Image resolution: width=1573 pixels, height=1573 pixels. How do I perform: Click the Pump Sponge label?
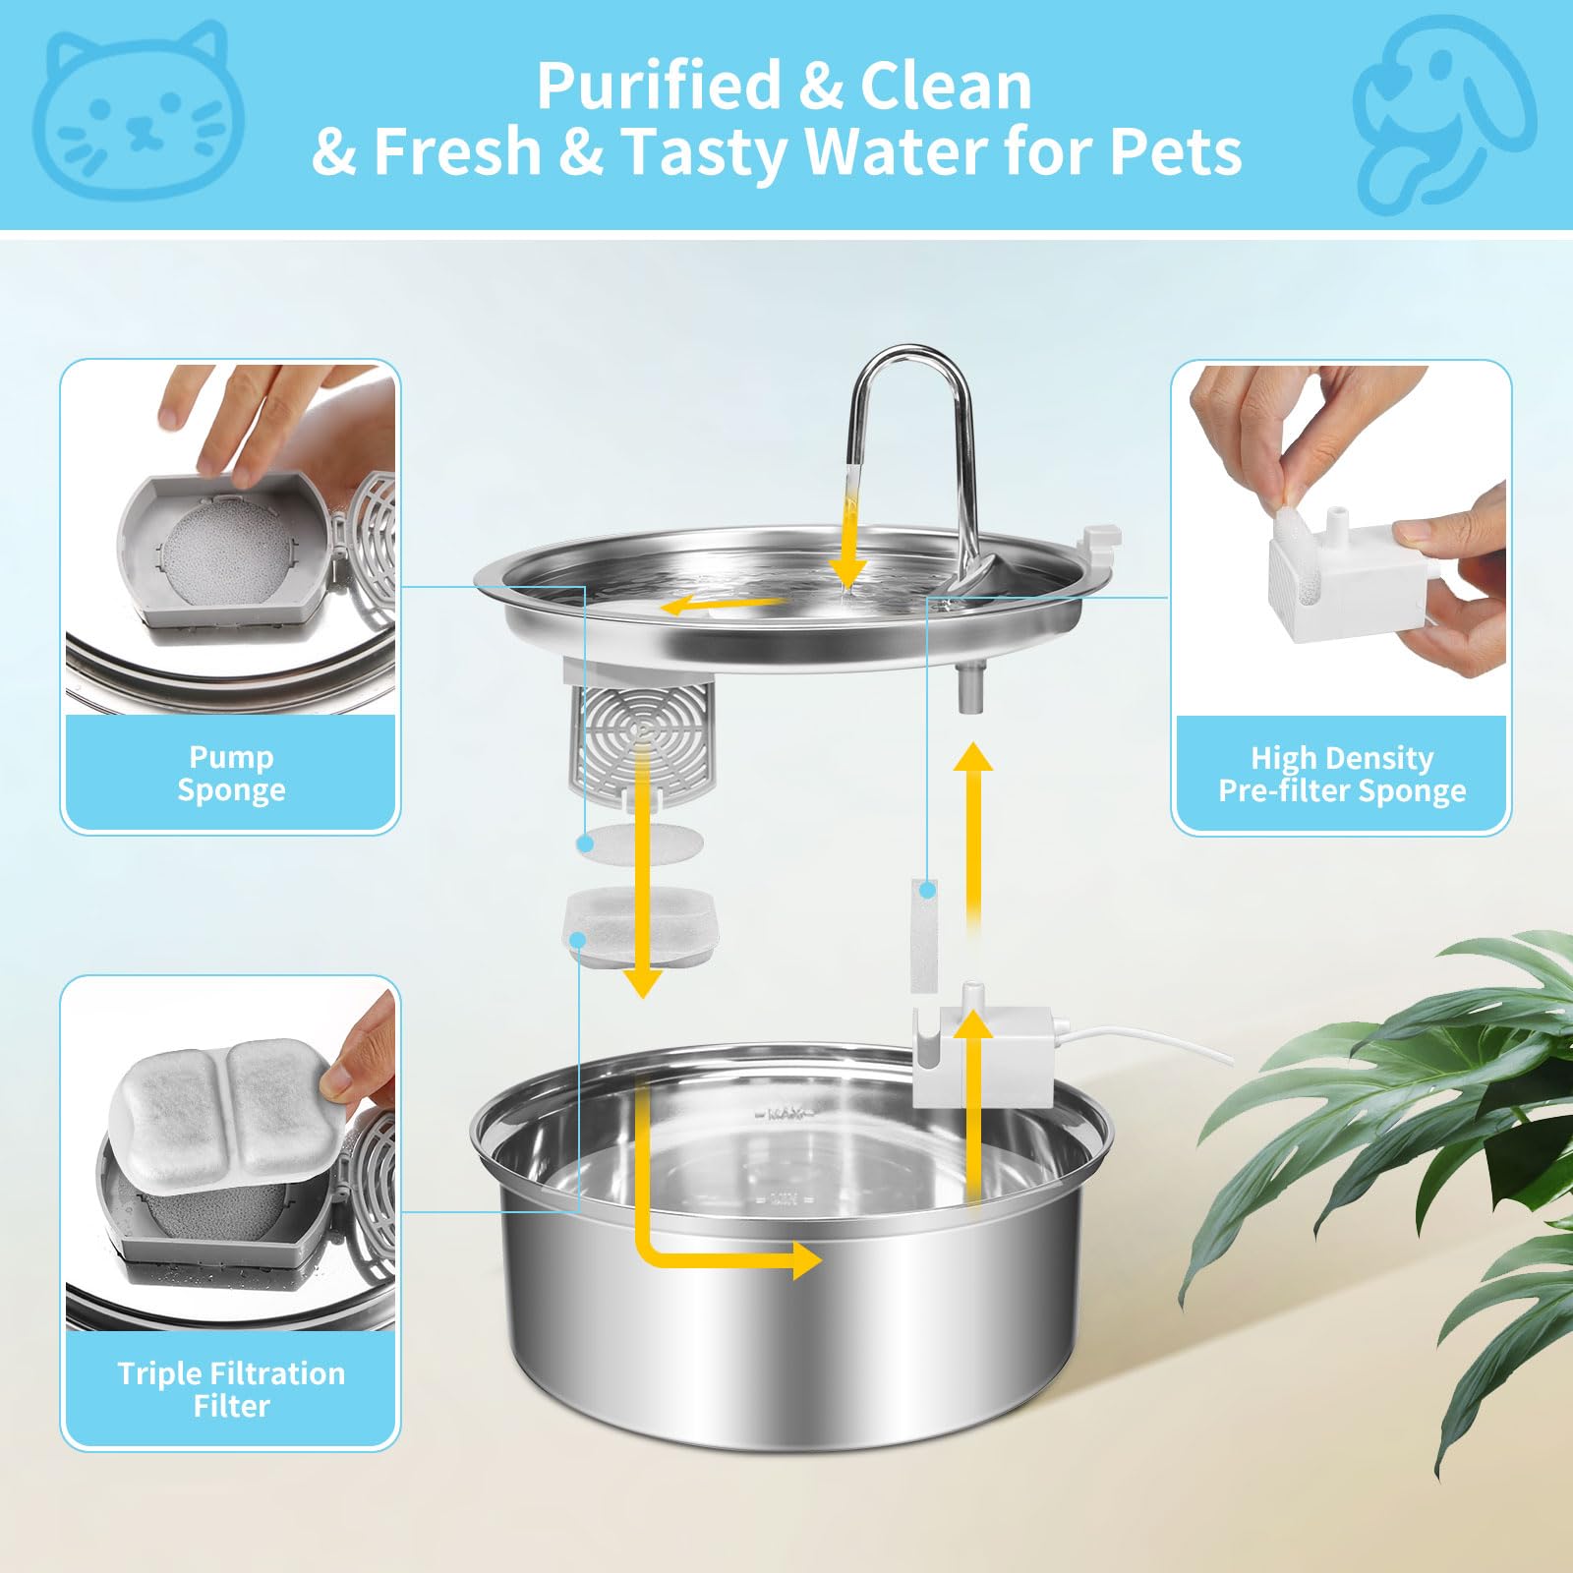[231, 774]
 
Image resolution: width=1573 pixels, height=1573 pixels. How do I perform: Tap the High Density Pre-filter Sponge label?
[1342, 774]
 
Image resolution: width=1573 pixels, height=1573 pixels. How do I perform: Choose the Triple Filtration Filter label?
[231, 1388]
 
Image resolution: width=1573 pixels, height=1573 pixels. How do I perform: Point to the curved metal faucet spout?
[914, 393]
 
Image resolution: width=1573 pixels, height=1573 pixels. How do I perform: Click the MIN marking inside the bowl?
[784, 1198]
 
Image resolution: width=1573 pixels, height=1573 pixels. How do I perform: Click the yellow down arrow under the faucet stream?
[846, 560]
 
